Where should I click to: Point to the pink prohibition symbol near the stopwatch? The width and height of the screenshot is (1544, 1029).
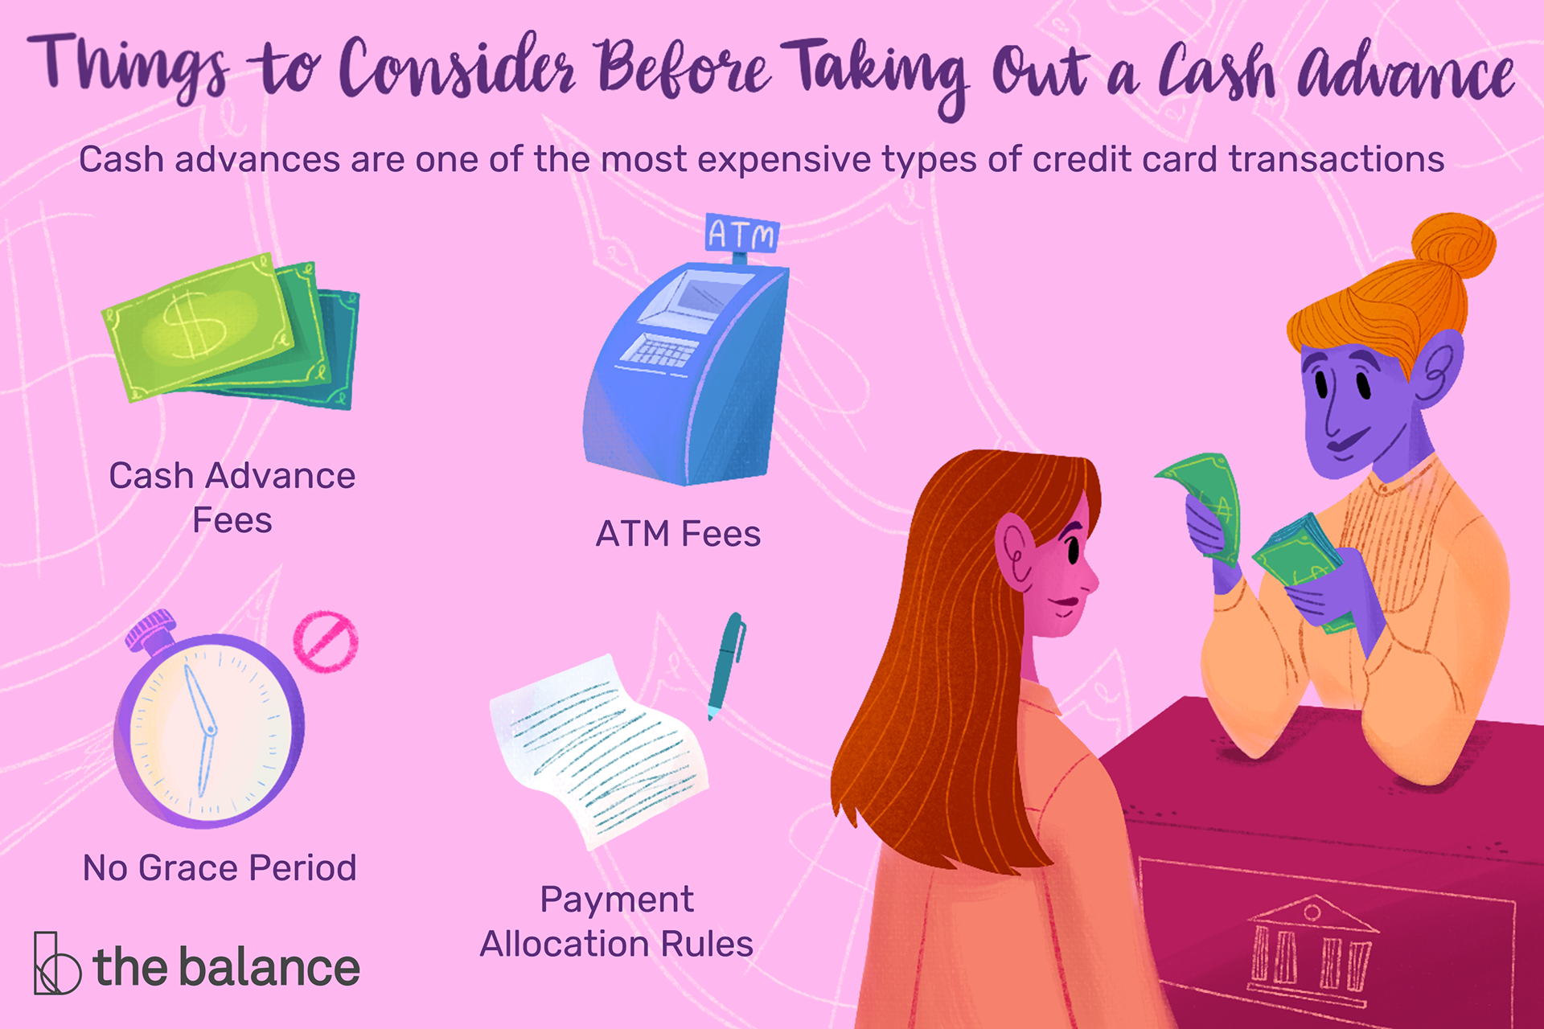326,642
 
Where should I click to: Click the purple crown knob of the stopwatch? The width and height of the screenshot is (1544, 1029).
150,629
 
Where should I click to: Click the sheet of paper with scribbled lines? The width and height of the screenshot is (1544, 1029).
599,752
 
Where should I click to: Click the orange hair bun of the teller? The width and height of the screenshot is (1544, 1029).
1454,246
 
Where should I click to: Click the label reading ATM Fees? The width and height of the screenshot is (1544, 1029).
678,534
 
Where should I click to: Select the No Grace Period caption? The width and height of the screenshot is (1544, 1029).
220,868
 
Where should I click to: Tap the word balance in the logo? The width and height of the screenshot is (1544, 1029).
269,966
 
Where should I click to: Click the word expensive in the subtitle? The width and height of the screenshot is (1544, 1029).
784,160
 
